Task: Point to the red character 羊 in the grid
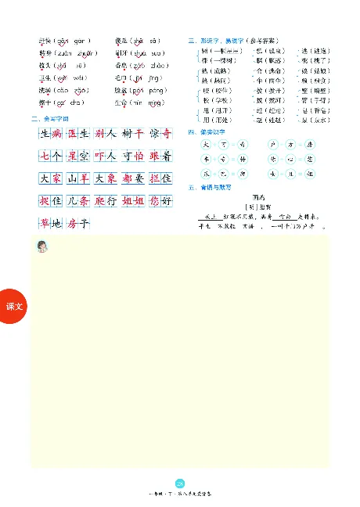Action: [85, 178]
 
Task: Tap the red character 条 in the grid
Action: [85, 202]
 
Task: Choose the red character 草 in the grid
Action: [45, 225]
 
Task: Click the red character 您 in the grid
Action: [154, 202]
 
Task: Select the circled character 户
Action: [272, 145]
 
